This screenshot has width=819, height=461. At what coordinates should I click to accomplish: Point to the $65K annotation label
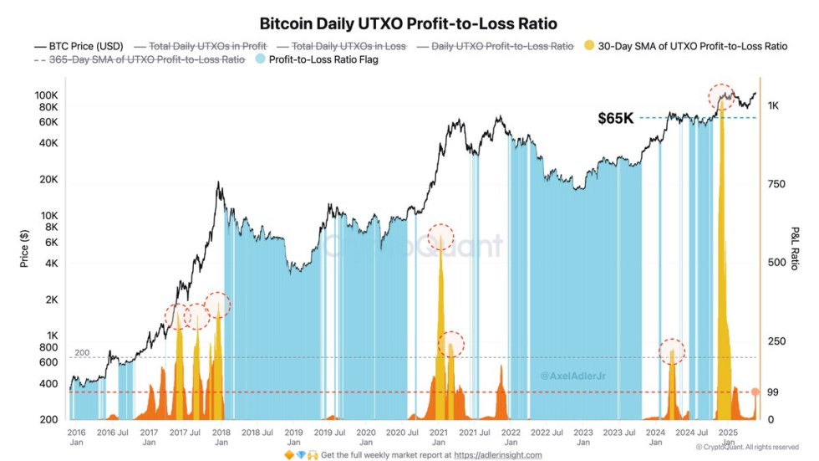[615, 119]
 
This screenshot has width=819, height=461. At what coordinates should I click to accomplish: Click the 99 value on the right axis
[774, 392]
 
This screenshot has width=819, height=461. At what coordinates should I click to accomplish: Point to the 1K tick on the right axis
[774, 105]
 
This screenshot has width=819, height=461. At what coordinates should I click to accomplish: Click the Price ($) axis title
[25, 248]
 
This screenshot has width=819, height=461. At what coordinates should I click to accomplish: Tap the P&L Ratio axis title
[796, 248]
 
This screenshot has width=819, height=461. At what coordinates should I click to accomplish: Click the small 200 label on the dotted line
[80, 354]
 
